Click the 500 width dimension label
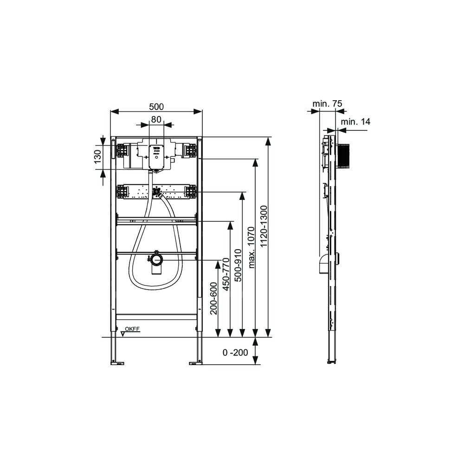coord(156,106)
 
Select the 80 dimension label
coord(156,119)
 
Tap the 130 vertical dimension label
coord(97,156)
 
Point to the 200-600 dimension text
coord(213,298)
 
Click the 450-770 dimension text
coord(226,274)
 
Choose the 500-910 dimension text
coord(238,265)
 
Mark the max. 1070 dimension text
coord(251,247)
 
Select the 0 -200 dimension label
coord(235,352)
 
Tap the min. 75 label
coord(327,103)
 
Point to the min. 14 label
coord(355,122)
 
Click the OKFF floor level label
coord(132,329)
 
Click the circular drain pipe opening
coord(156,260)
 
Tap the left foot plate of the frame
coord(117,362)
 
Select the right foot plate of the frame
coord(196,362)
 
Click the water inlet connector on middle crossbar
coord(156,193)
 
